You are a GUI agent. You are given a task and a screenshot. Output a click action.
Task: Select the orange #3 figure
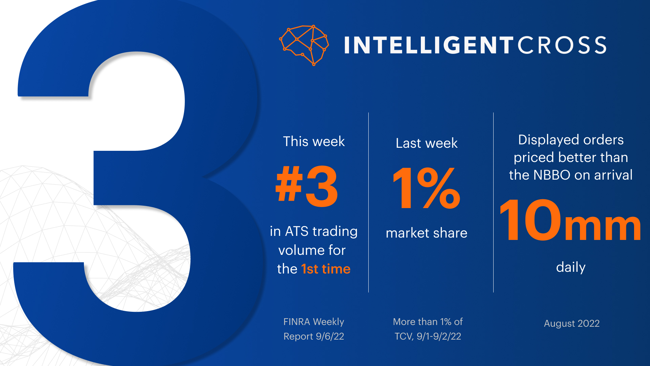tap(307, 187)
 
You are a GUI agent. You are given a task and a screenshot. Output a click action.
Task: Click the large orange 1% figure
tap(427, 188)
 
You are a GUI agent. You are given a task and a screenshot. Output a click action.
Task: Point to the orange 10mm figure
tap(570, 220)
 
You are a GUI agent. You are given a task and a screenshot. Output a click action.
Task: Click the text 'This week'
tap(314, 141)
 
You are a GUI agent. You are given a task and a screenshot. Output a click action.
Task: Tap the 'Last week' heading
tap(427, 143)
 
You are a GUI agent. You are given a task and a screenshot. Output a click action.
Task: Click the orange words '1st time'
tap(326, 269)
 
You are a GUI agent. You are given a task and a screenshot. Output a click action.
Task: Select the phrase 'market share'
tap(427, 233)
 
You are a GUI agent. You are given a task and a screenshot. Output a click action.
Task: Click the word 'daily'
tap(571, 267)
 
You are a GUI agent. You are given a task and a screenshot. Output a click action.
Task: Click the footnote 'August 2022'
tap(572, 323)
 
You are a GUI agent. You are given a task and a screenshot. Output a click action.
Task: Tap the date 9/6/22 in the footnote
tap(330, 336)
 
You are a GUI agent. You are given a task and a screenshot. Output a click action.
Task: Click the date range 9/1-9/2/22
tap(439, 336)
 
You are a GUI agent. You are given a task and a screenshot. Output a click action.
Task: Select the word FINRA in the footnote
tap(297, 322)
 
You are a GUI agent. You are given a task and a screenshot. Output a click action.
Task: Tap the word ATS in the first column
tap(297, 231)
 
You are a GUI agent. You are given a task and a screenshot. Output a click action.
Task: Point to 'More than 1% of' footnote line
tap(428, 322)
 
